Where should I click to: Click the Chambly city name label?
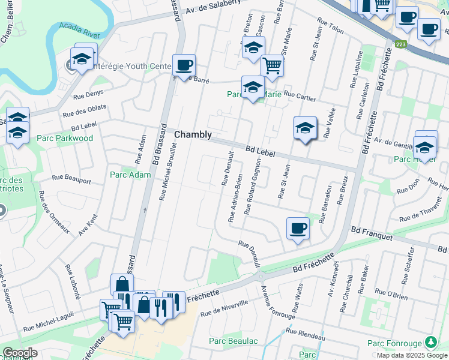pyautogui.click(x=193, y=135)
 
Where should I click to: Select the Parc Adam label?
pyautogui.click(x=130, y=175)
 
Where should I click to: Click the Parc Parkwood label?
pyautogui.click(x=65, y=138)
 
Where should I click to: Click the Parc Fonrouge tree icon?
pyautogui.click(x=430, y=343)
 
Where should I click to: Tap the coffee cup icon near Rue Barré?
pyautogui.click(x=184, y=65)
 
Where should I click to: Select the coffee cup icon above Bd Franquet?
pyautogui.click(x=298, y=228)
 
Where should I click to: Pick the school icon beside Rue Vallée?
pyautogui.click(x=305, y=128)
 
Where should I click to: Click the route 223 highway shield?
pyautogui.click(x=401, y=44)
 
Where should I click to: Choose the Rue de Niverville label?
pyautogui.click(x=223, y=308)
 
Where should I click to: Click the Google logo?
pyautogui.click(x=20, y=353)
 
